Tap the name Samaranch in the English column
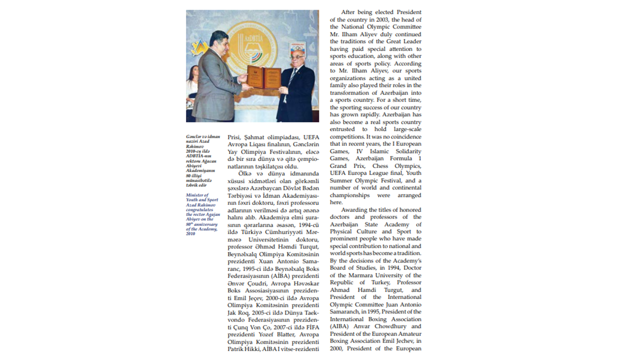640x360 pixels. click(343, 312)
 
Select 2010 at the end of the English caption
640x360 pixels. click(190, 233)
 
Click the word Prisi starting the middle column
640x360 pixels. click(235, 137)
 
